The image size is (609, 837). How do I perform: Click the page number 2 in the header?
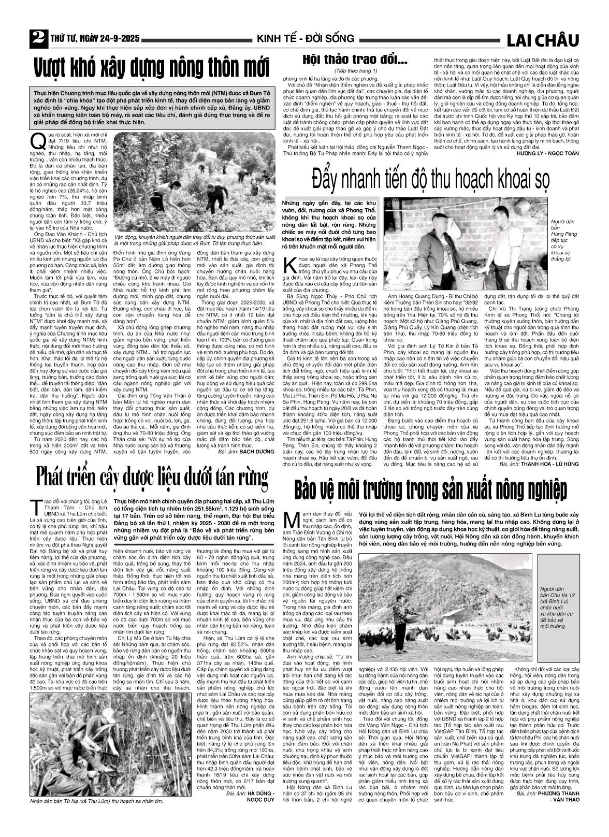36,38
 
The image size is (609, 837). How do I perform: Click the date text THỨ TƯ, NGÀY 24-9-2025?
95,39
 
